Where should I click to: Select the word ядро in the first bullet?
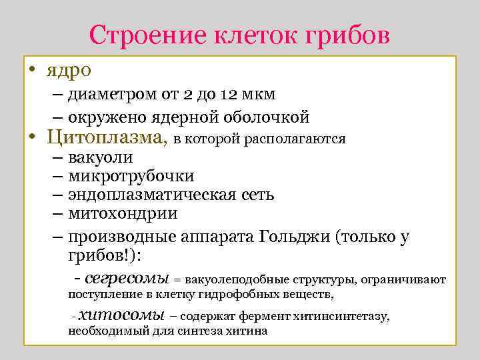pyautogui.click(x=69, y=69)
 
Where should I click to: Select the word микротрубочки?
pyautogui.click(x=131, y=176)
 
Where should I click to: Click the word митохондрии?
pyautogui.click(x=123, y=214)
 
